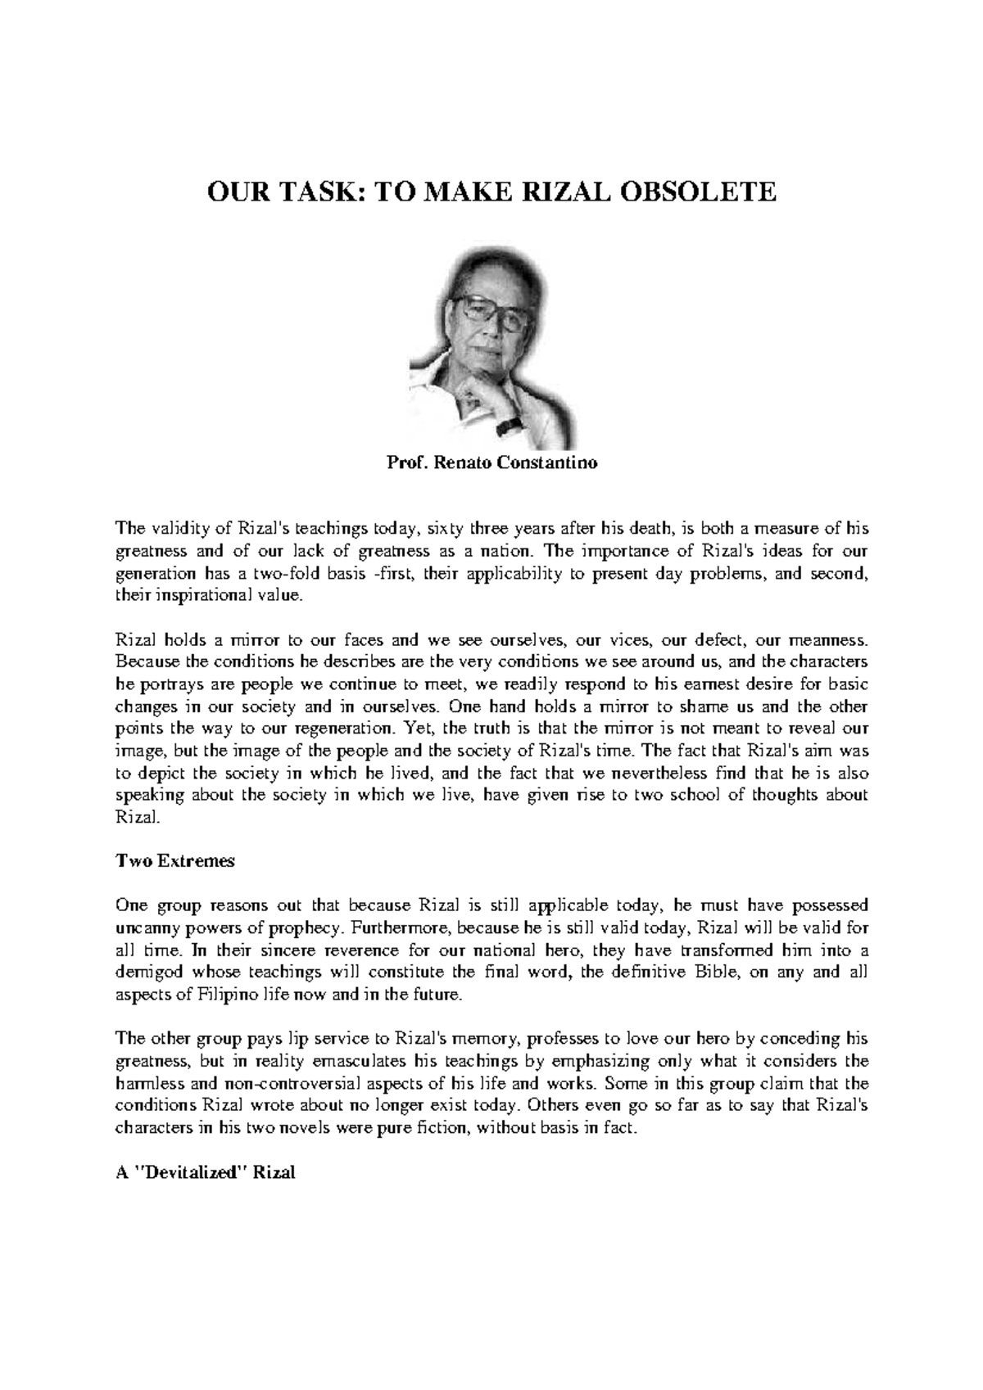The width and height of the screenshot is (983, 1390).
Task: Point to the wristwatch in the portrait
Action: pyautogui.click(x=510, y=426)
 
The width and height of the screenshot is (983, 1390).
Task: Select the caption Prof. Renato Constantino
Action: pyautogui.click(x=491, y=463)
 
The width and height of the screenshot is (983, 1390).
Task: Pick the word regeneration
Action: pyautogui.click(x=343, y=727)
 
